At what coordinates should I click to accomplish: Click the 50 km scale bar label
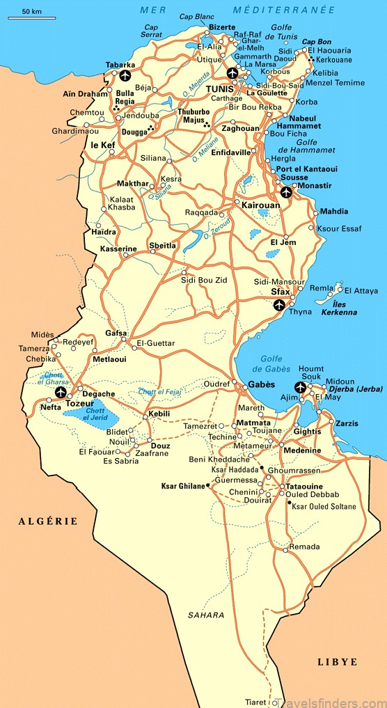(x=31, y=12)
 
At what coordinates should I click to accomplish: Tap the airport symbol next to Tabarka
(x=125, y=75)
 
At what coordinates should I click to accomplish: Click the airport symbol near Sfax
(x=279, y=305)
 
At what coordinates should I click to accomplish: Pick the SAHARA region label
(x=206, y=615)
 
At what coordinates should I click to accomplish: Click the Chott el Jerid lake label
(x=95, y=414)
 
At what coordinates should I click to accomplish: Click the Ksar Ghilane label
(x=182, y=485)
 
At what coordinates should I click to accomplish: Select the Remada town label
(x=304, y=547)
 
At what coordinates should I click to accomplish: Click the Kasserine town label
(x=118, y=249)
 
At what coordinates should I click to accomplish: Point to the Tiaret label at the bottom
(x=255, y=702)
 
